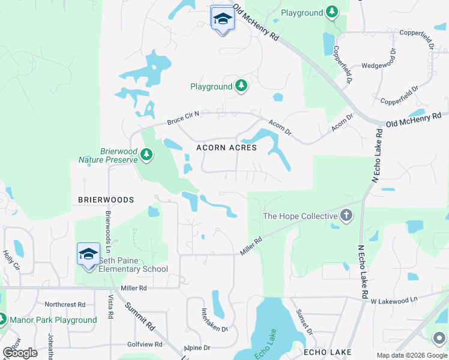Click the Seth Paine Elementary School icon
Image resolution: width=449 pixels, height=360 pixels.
pyautogui.click(x=88, y=254)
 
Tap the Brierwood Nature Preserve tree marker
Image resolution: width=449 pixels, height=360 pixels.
pyautogui.click(x=146, y=156)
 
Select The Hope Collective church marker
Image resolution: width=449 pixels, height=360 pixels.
pyautogui.click(x=346, y=216)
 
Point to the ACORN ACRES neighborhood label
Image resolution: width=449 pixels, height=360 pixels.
pyautogui.click(x=227, y=148)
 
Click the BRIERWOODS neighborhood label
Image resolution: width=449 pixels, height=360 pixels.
pyautogui.click(x=105, y=199)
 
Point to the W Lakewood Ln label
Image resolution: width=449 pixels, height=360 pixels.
pyautogui.click(x=393, y=300)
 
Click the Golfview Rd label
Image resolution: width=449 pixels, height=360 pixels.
pyautogui.click(x=145, y=344)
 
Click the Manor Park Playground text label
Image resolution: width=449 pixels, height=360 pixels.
pyautogui.click(x=52, y=320)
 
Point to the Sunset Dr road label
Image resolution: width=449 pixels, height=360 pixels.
pyautogui.click(x=304, y=323)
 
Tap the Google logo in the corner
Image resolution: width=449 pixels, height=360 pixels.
pyautogui.click(x=20, y=353)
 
